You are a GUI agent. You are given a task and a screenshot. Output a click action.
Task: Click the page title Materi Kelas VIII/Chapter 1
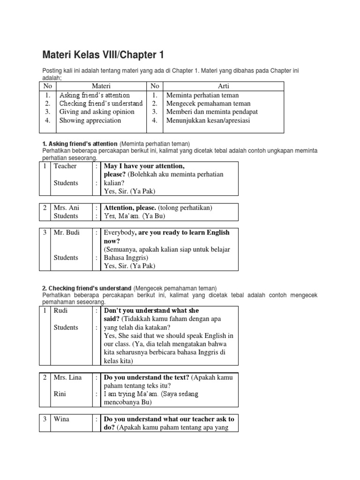click(103, 55)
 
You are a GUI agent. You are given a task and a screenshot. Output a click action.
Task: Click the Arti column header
click(224, 86)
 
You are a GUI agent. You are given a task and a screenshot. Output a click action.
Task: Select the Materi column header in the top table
click(101, 86)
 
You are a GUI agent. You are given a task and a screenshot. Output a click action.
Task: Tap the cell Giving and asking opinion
click(97, 112)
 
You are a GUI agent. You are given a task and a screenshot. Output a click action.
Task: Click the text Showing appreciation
click(90, 120)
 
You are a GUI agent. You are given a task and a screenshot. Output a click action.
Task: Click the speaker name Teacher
click(65, 166)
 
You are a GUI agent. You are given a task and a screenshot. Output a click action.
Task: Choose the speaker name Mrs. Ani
click(67, 208)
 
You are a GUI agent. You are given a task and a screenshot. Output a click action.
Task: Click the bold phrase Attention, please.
click(130, 208)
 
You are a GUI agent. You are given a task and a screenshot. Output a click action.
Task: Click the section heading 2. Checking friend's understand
click(87, 288)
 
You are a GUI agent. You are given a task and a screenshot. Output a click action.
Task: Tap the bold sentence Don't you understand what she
click(151, 311)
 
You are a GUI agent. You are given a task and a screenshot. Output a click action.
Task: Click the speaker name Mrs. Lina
click(68, 377)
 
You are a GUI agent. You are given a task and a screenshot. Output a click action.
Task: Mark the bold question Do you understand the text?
click(147, 377)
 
